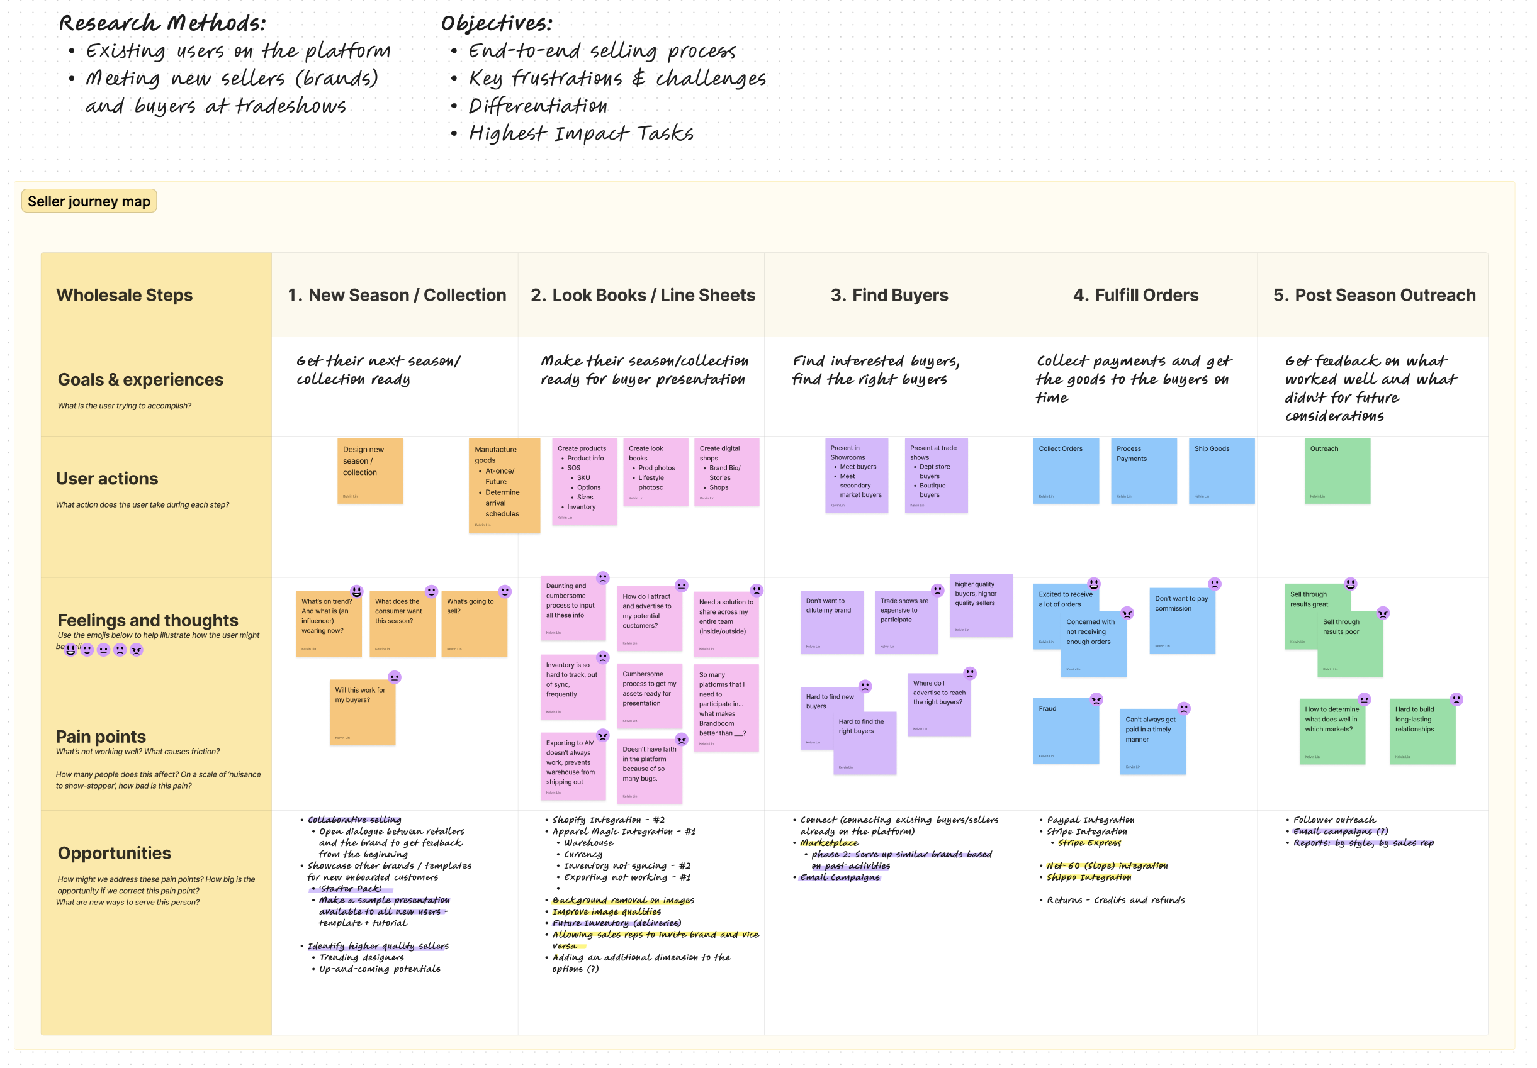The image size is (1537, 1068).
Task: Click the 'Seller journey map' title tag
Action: [x=89, y=201]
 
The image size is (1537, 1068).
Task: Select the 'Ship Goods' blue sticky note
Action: [x=1221, y=471]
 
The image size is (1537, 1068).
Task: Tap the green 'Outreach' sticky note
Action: [x=1337, y=471]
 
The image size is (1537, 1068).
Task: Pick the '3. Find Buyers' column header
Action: [x=889, y=295]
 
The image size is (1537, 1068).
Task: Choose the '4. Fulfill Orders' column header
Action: [x=1135, y=295]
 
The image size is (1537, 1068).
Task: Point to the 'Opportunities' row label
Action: [x=115, y=853]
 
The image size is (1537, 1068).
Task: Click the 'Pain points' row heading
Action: [x=101, y=737]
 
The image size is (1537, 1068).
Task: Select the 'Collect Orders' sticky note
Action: [x=1066, y=471]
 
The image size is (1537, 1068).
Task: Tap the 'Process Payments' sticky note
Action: [x=1144, y=471]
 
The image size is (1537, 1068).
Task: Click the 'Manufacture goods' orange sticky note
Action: [x=504, y=485]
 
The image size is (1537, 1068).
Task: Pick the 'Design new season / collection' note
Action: [x=370, y=471]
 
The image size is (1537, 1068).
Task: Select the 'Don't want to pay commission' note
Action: [x=1181, y=621]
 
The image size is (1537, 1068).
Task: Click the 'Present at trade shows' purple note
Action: [x=936, y=476]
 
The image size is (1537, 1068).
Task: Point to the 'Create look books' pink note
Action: [x=655, y=472]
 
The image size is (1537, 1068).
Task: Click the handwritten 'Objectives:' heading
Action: [x=497, y=24]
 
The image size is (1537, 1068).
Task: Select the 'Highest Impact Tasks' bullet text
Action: [x=581, y=134]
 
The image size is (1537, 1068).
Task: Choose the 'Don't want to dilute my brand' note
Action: [x=831, y=622]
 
